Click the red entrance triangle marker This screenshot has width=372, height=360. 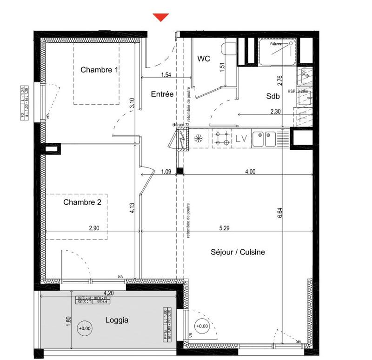coord(161,17)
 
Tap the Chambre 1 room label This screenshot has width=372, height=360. coord(99,70)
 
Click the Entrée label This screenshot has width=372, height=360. coord(162,94)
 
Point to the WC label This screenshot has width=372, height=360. coord(204,59)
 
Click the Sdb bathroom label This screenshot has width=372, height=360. coord(273,96)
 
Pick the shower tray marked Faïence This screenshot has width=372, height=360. coord(278,51)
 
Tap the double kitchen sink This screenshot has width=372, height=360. coord(264,138)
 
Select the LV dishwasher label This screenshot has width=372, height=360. coord(241,138)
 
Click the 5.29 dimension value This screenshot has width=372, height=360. coord(226,228)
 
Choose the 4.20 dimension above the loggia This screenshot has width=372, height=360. coord(108,293)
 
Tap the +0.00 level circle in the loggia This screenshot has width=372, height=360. coord(85,328)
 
